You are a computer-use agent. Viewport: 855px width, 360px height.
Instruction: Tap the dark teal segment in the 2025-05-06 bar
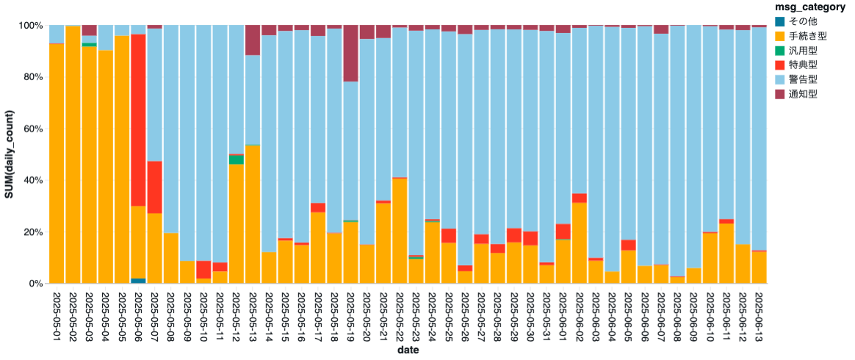(x=138, y=281)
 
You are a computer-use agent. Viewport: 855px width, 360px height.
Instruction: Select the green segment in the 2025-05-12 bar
(x=236, y=159)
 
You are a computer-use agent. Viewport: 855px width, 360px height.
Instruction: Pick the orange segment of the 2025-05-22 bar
(x=400, y=231)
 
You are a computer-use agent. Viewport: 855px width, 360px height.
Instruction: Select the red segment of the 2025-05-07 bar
(x=154, y=187)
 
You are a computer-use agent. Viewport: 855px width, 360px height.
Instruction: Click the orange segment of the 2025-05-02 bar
(x=73, y=154)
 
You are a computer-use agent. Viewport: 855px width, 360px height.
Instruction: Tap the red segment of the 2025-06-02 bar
(x=579, y=198)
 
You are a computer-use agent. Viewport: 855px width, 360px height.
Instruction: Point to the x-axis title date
(x=408, y=351)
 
